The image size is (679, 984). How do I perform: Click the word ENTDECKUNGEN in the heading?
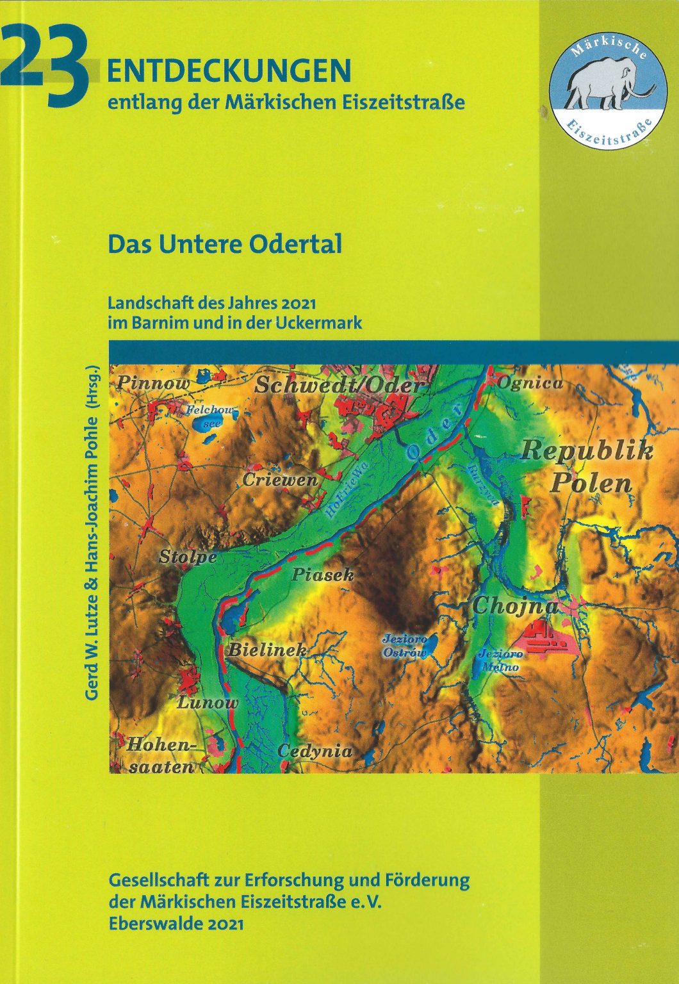point(229,71)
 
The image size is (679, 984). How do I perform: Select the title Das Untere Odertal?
point(225,244)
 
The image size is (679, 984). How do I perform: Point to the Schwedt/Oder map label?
point(339,386)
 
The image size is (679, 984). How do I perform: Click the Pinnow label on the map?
point(153,383)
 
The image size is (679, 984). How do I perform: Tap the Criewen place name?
point(279,480)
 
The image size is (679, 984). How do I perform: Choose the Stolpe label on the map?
point(188,557)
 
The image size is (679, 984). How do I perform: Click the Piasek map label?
point(323,575)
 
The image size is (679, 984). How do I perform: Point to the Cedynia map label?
point(315,751)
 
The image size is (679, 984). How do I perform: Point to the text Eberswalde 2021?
point(177,923)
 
